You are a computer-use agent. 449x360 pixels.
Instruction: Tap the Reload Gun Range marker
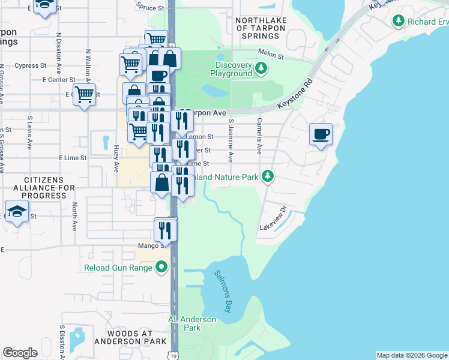[161, 267]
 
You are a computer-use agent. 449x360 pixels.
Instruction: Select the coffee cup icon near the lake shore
[321, 134]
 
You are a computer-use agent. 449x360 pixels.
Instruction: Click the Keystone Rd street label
[295, 95]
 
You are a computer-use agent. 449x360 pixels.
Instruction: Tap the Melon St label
[270, 54]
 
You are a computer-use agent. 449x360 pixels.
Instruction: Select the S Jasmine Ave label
[231, 140]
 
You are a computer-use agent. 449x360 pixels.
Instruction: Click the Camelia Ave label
[259, 136]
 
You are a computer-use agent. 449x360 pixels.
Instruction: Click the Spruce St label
[150, 8]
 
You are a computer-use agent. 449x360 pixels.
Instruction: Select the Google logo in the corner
[20, 353]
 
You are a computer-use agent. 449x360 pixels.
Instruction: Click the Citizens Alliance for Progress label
[45, 187]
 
